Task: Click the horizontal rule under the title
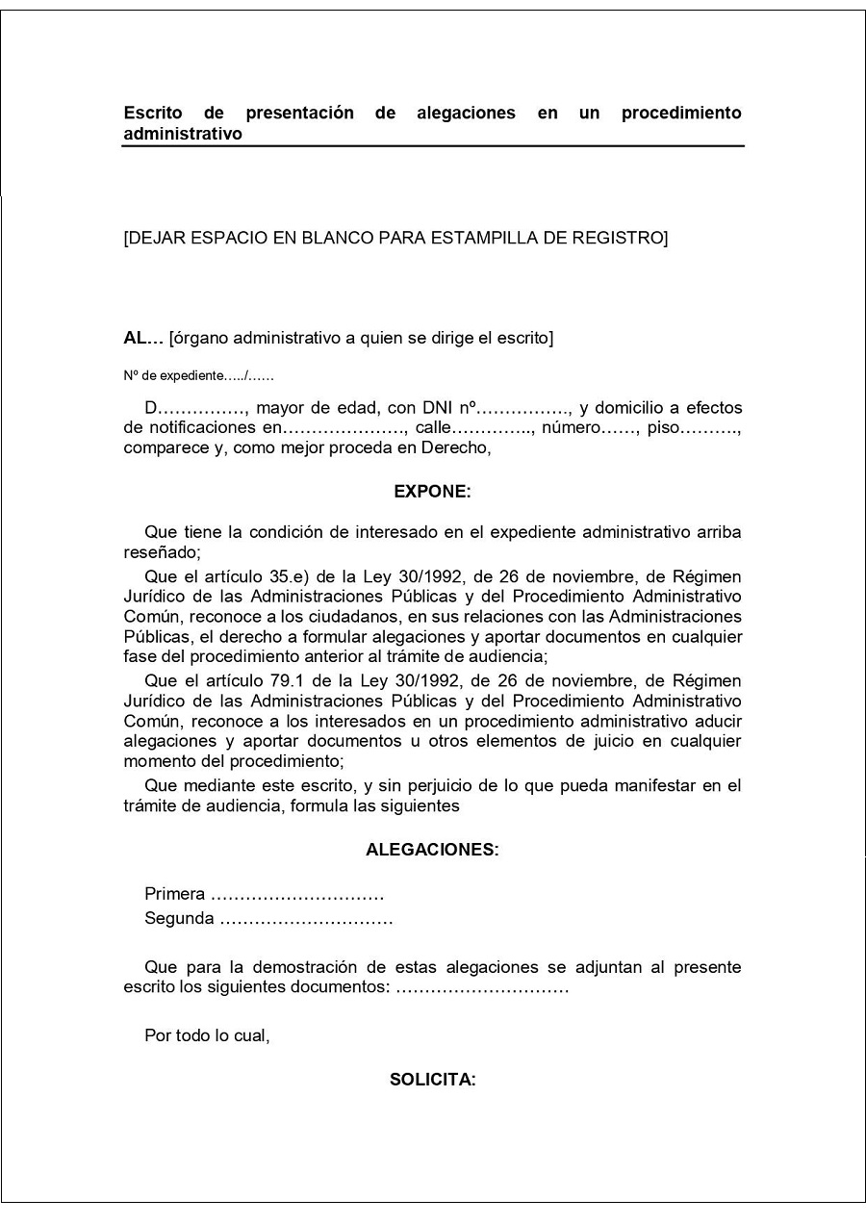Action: pos(433,146)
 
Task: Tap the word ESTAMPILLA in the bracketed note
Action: pos(481,238)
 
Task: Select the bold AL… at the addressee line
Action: pos(143,338)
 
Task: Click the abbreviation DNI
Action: pos(438,408)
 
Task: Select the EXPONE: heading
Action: pos(433,492)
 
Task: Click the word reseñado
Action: pos(160,552)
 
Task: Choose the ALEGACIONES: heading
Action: pos(433,850)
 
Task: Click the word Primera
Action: pos(174,894)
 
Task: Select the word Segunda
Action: pos(179,918)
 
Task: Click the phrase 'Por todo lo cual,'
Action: pos(207,1035)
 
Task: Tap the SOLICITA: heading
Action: pos(433,1080)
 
